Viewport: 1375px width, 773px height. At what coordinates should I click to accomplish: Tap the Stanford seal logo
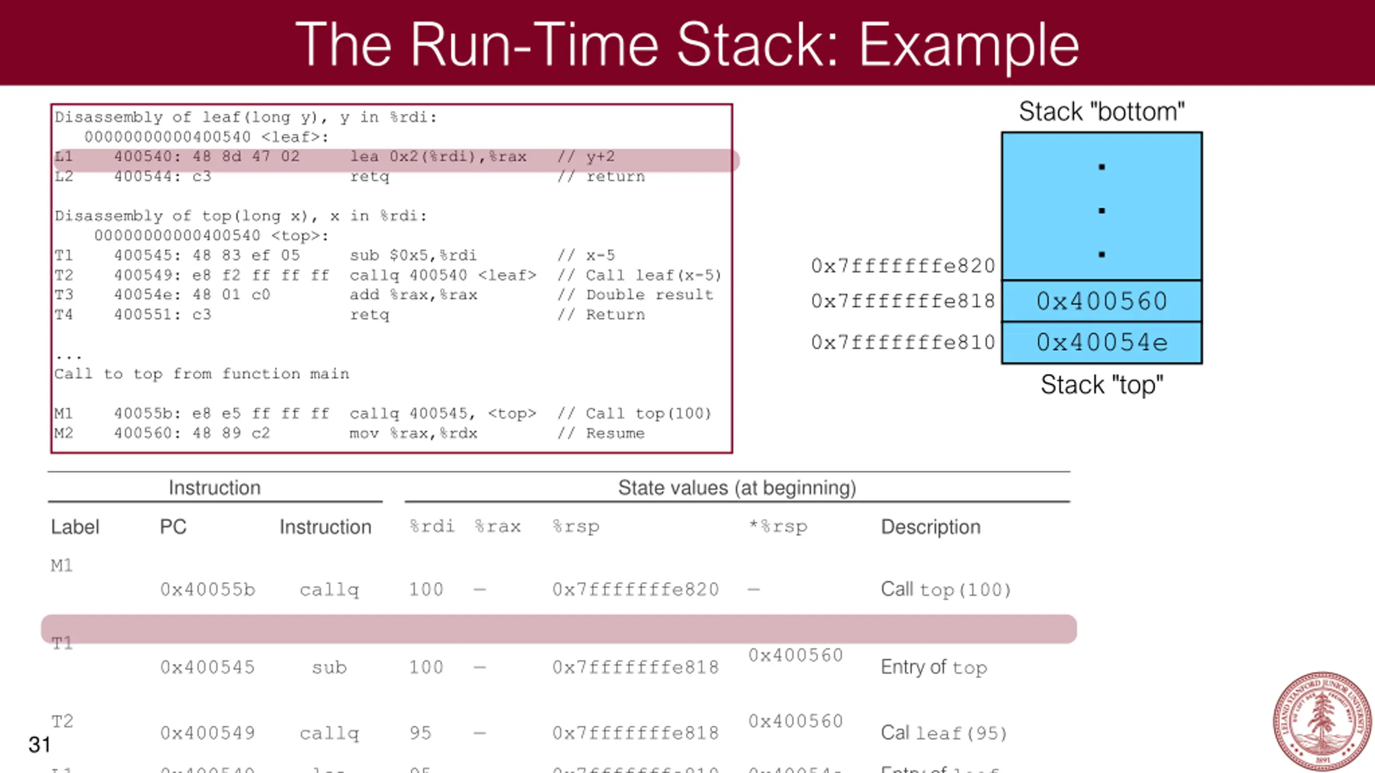point(1322,720)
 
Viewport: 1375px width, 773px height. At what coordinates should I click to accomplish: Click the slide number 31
point(39,745)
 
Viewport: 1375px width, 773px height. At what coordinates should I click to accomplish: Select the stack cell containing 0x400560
point(1102,301)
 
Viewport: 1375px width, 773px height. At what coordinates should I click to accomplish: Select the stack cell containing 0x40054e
point(1102,342)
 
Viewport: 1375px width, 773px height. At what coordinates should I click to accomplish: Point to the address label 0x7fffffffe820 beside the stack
point(903,266)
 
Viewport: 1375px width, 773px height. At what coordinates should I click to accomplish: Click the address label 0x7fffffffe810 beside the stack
point(903,342)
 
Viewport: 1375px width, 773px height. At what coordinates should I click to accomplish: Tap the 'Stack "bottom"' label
point(1102,112)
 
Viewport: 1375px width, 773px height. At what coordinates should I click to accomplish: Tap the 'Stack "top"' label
point(1102,385)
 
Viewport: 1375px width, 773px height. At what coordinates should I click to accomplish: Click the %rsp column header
point(575,527)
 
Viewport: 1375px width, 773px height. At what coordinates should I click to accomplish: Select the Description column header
point(930,527)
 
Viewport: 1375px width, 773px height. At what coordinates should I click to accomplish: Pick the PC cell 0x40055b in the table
point(207,589)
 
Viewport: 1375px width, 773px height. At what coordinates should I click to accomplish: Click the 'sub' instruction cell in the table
point(329,667)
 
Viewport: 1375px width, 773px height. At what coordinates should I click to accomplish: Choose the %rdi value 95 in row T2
point(420,733)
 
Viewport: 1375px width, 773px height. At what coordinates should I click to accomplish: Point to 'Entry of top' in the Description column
point(933,667)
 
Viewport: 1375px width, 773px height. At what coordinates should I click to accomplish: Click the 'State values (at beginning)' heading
point(737,487)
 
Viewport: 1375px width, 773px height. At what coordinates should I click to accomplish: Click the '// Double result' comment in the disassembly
point(635,295)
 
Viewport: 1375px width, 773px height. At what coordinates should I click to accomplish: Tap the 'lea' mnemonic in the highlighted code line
point(364,157)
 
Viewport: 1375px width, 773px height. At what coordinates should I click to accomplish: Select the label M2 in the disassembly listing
point(63,433)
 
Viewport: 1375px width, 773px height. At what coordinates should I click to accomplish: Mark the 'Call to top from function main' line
point(201,374)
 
